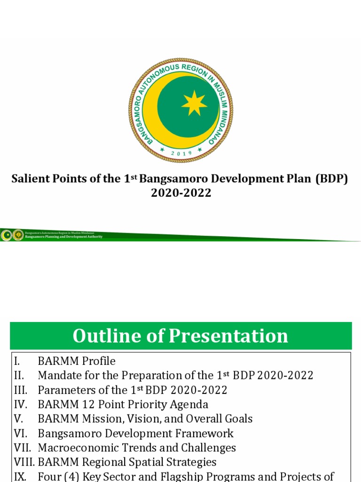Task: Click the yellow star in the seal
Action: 194,104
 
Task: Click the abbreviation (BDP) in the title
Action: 332,180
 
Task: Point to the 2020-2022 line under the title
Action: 181,193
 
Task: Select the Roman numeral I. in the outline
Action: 17,361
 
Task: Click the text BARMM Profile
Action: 77,361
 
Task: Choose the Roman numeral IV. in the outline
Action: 19,404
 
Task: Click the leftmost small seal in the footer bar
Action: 7,234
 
